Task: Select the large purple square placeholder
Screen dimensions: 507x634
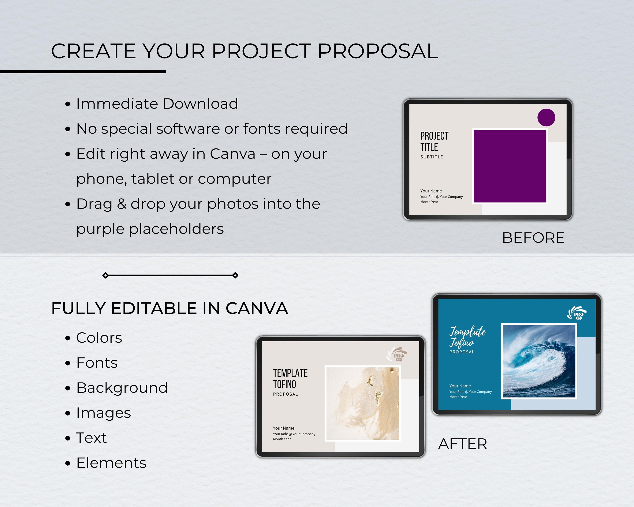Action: (510, 166)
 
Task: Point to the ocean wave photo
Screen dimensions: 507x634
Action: (539, 361)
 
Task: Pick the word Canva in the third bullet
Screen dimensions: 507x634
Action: (232, 154)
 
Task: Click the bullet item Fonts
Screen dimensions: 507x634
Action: (97, 363)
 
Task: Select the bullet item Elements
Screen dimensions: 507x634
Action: (111, 463)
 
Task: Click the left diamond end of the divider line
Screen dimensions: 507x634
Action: (105, 275)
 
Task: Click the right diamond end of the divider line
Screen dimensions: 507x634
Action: (235, 275)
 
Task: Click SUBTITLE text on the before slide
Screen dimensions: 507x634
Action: (431, 157)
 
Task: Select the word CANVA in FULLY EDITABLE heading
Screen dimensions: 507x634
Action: (257, 308)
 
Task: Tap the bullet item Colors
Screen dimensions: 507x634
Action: (99, 338)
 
